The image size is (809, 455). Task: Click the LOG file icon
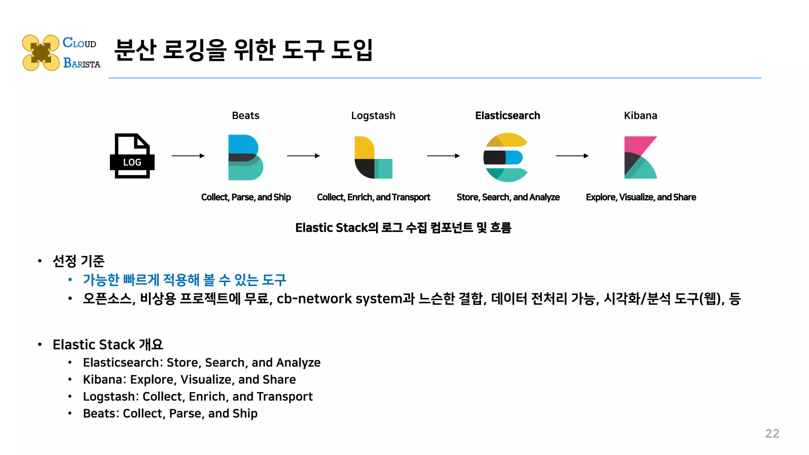(x=132, y=156)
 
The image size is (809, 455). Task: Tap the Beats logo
(x=245, y=157)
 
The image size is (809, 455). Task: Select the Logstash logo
(x=373, y=157)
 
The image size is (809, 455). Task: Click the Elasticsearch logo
(x=506, y=157)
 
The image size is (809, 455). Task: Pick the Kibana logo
(x=640, y=157)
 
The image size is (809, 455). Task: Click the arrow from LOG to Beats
(x=188, y=156)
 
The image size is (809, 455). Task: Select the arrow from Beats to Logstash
(x=303, y=156)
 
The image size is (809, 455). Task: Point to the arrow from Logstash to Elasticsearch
(x=443, y=156)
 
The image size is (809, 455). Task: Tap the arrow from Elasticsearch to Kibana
(x=572, y=156)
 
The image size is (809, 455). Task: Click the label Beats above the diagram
(x=245, y=116)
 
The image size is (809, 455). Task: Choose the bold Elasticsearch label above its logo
(x=507, y=116)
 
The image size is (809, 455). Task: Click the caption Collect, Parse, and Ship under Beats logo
(x=246, y=197)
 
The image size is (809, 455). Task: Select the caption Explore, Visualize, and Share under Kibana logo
(x=640, y=197)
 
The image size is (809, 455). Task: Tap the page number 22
(x=772, y=434)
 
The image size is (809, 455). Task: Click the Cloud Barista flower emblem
(x=41, y=53)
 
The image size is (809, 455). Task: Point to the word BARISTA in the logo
(x=82, y=63)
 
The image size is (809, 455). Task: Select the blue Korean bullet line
(x=184, y=280)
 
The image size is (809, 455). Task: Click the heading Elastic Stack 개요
(x=107, y=344)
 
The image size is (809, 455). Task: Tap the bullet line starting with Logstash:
(x=198, y=397)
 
